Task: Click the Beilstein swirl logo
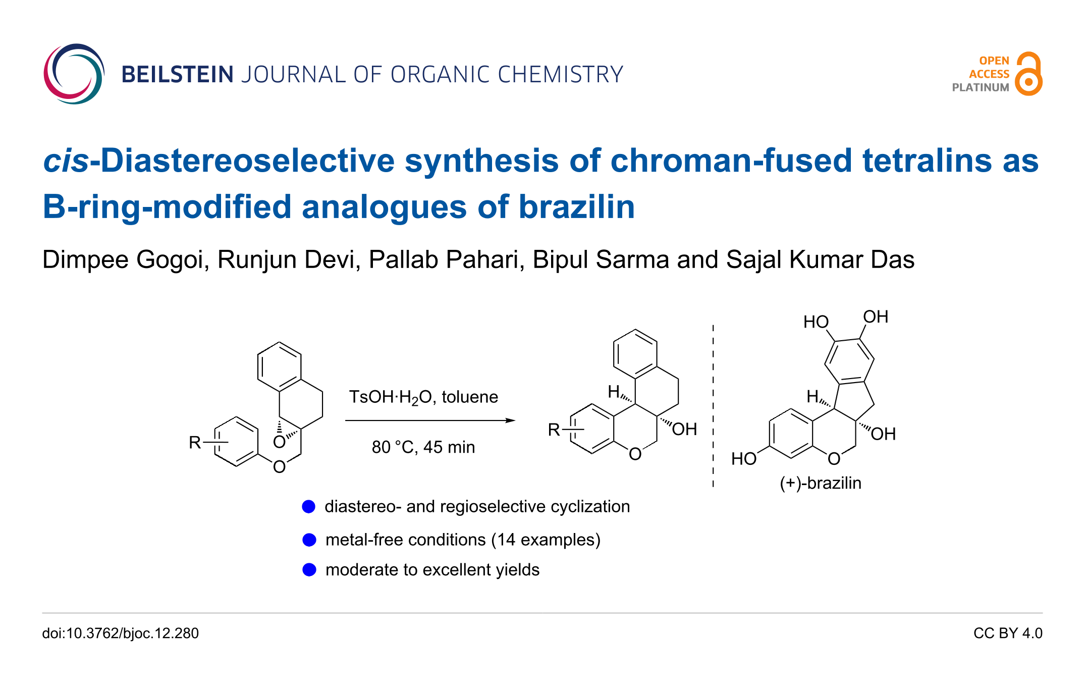(x=74, y=74)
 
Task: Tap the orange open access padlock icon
(x=1028, y=74)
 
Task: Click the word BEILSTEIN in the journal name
(x=177, y=75)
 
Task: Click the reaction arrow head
(x=511, y=420)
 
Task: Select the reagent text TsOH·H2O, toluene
(x=423, y=397)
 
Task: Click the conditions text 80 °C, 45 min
(x=423, y=447)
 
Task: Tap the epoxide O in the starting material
(x=279, y=443)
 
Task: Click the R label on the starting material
(x=195, y=443)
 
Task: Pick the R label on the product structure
(x=554, y=430)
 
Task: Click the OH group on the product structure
(x=684, y=430)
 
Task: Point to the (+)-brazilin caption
(x=821, y=483)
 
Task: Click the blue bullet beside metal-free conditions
(x=309, y=540)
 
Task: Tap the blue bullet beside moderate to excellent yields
(x=309, y=570)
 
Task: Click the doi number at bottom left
(x=120, y=633)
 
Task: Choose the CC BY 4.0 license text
(x=1007, y=633)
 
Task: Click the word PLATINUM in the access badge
(x=980, y=87)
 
